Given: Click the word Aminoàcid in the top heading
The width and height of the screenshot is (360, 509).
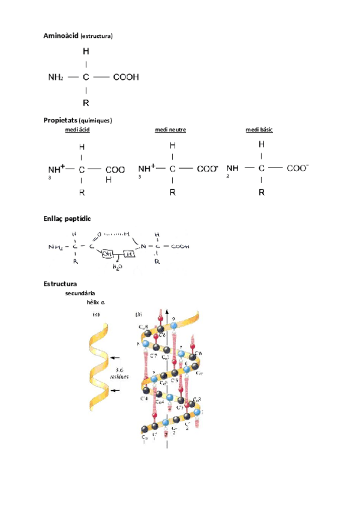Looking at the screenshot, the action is (x=61, y=36).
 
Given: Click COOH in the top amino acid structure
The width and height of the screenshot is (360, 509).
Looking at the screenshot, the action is (x=125, y=77).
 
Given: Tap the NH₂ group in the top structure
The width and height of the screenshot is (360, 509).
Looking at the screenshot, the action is (x=56, y=77).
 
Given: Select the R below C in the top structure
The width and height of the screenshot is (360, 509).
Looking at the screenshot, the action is (x=86, y=102).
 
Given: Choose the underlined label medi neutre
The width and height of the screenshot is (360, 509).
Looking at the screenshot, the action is (x=170, y=130).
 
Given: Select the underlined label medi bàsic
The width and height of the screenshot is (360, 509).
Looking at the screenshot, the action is (x=259, y=130).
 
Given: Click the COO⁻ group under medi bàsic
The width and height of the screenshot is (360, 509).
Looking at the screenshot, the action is (x=298, y=169).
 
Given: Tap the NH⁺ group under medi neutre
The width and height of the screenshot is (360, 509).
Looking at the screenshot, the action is (x=146, y=169).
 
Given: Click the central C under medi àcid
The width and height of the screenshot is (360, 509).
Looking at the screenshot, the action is (x=82, y=170).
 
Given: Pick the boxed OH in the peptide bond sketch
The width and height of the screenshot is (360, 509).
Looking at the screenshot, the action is (x=107, y=254).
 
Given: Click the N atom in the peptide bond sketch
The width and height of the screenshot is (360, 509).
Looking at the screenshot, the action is (x=143, y=246).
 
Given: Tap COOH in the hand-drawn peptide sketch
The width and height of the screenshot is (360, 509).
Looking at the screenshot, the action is (x=180, y=246).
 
